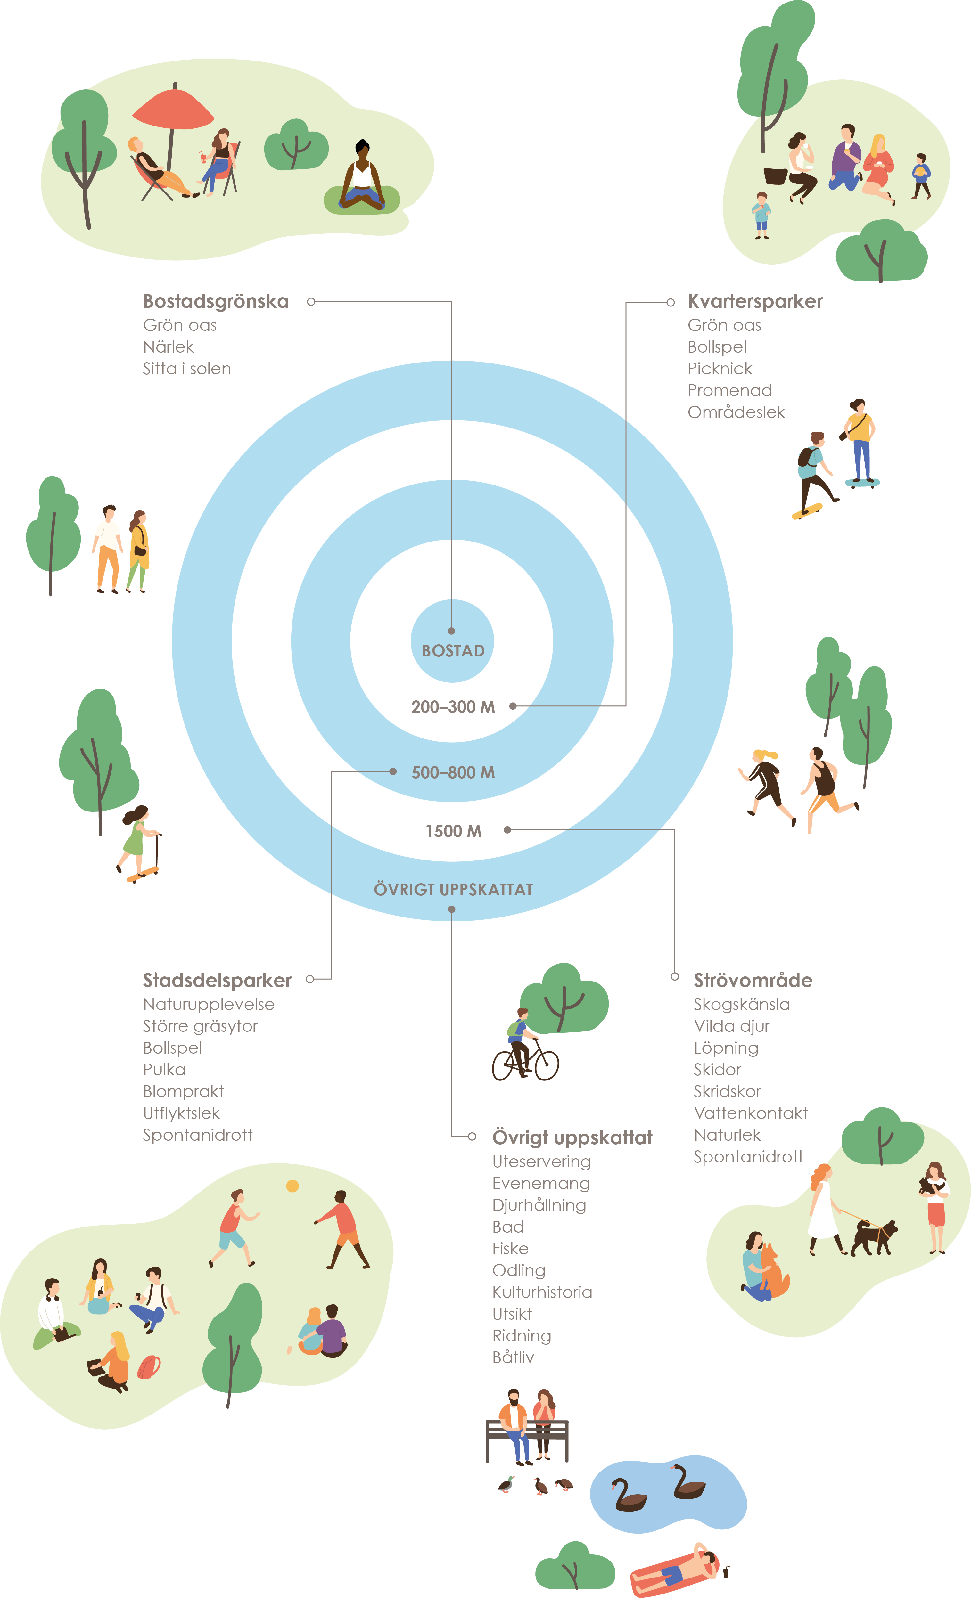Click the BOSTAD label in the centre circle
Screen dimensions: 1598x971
pos(453,650)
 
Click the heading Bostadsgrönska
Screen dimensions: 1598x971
pos(215,302)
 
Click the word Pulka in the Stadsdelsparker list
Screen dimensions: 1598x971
pos(164,1069)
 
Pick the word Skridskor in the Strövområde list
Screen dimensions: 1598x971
pos(727,1091)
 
